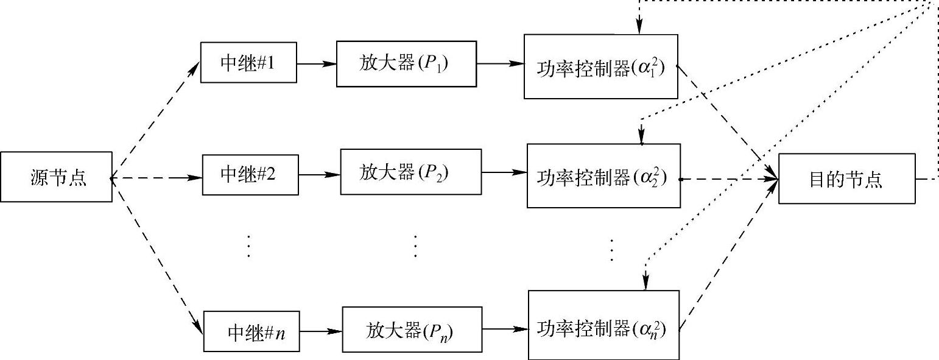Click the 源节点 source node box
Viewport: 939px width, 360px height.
(x=57, y=177)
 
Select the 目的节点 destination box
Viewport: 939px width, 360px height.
(x=846, y=180)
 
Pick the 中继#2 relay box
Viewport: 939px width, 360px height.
(x=250, y=175)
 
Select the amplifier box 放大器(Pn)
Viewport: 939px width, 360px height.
(x=412, y=331)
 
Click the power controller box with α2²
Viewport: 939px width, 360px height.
(x=603, y=177)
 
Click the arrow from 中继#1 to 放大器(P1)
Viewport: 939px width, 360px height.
(x=316, y=63)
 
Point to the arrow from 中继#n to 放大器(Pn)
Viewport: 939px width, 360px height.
(x=322, y=331)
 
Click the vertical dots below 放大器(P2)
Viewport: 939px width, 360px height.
(x=415, y=245)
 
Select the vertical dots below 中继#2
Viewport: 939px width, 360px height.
(x=248, y=245)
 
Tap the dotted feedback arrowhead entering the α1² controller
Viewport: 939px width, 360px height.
(x=639, y=28)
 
